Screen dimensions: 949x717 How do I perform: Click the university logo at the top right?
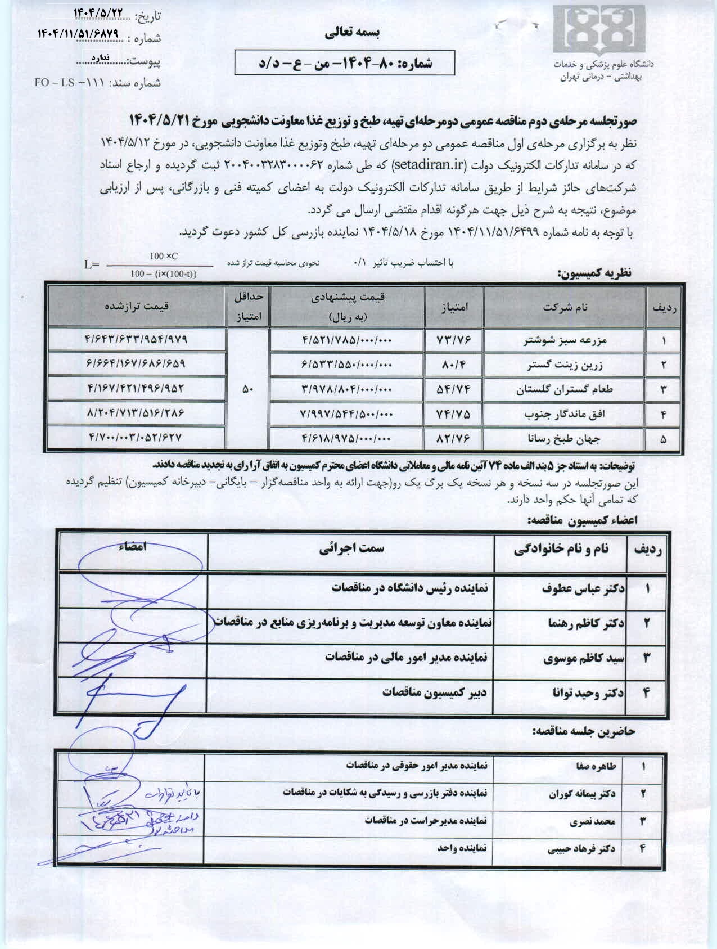pos(598,30)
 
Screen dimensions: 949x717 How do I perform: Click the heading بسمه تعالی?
pos(352,33)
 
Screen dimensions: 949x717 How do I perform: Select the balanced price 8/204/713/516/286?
pos(136,413)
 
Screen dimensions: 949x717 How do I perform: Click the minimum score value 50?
pos(248,389)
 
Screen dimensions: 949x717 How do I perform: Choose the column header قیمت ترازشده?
pos(137,306)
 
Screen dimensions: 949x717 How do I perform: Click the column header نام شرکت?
pos(565,307)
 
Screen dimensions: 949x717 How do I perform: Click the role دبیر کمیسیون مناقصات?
pos(434,692)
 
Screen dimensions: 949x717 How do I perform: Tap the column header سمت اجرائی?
pos(351,548)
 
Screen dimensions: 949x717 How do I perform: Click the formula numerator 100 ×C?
pos(164,257)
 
